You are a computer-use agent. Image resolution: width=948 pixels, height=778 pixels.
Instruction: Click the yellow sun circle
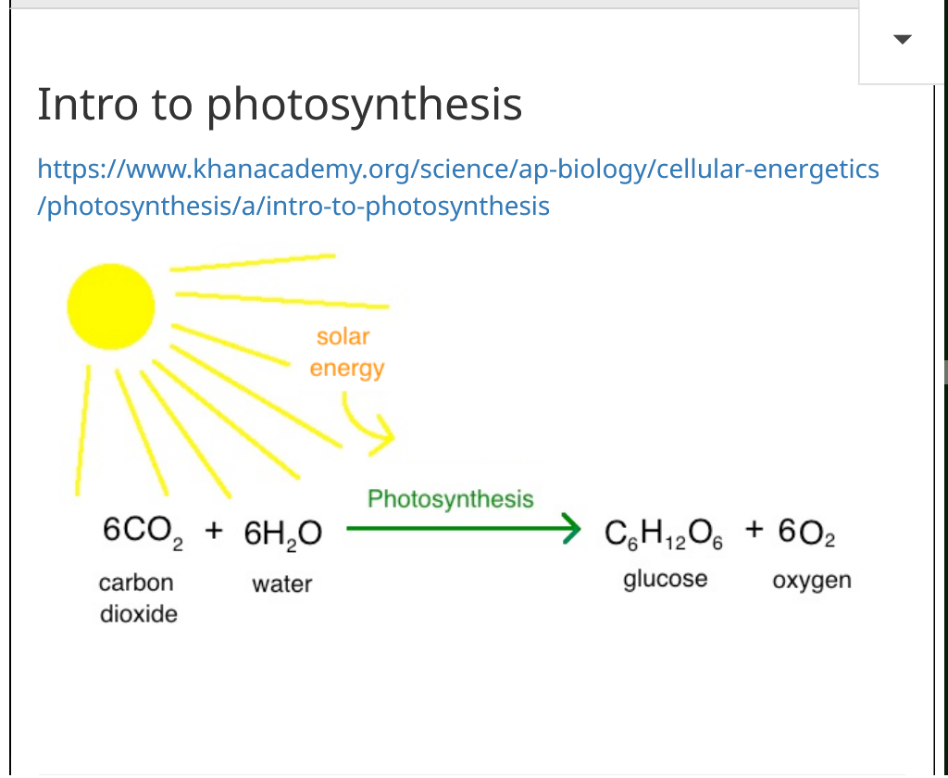coord(111,307)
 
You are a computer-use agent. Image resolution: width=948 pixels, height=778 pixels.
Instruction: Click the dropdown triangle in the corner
coord(902,39)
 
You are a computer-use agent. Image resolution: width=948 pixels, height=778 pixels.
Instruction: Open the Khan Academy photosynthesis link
coord(457,187)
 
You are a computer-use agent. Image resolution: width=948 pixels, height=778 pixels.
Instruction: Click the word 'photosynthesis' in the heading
coord(364,105)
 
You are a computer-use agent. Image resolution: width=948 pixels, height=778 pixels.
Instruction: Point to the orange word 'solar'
coord(343,336)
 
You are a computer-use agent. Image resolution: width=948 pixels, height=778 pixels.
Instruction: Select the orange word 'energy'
coord(347,369)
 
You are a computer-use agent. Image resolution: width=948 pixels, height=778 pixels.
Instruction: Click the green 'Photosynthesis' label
coord(451,499)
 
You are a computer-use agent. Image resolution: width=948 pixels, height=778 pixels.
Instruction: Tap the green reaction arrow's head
coord(570,528)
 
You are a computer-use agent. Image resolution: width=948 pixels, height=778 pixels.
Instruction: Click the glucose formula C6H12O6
coord(663,534)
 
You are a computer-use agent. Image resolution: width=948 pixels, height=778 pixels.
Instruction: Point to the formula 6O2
coord(806,533)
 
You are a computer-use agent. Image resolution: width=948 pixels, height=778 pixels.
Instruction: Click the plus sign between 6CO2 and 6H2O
coord(214,531)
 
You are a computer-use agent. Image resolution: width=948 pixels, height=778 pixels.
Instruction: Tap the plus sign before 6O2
coord(754,529)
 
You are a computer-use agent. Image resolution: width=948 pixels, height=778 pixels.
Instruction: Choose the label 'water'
coord(281,584)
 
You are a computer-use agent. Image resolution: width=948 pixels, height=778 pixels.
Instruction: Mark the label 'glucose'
coord(665,580)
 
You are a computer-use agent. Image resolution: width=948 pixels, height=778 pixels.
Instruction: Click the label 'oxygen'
coord(812,581)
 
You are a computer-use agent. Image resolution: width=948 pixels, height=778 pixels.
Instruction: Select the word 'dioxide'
coord(139,614)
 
